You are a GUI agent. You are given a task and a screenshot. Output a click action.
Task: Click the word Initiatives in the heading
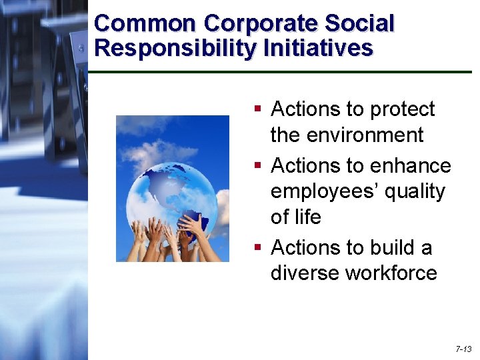point(318,48)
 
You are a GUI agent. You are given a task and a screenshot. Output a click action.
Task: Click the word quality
point(413,191)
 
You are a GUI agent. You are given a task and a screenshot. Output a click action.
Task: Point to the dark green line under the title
point(280,71)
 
